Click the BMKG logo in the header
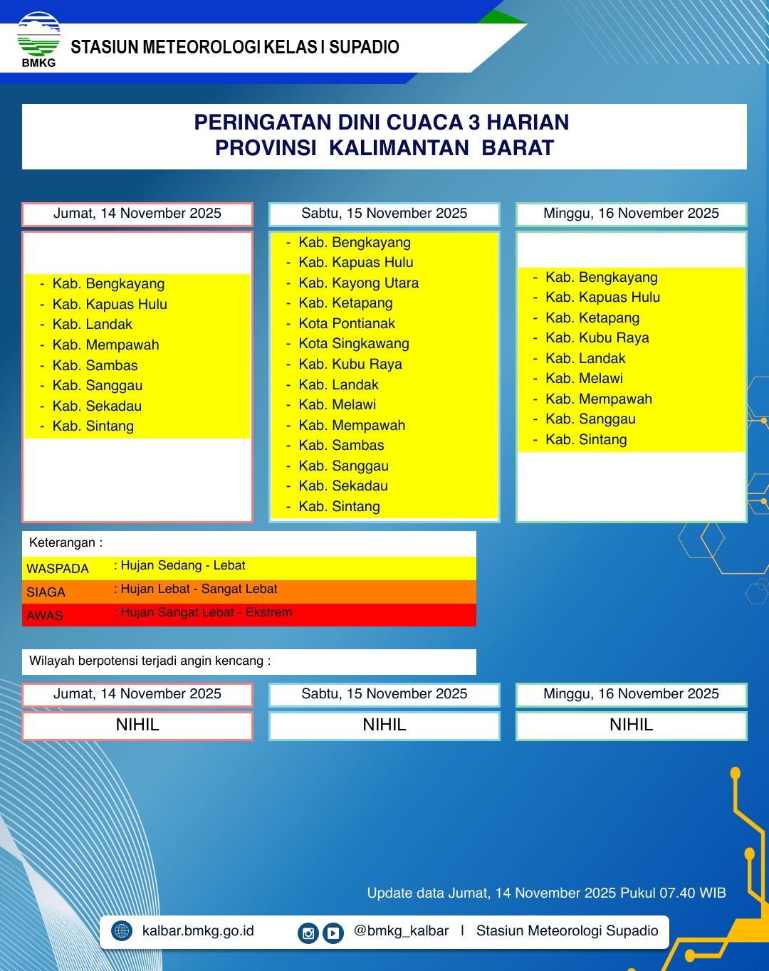click(38, 40)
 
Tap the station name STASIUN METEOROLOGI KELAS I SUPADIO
click(235, 48)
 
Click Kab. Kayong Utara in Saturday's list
click(358, 283)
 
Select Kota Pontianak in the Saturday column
click(347, 323)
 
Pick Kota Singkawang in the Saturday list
click(354, 343)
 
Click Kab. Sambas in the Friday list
click(95, 365)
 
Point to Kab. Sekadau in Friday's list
click(97, 406)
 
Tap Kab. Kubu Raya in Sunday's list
click(597, 337)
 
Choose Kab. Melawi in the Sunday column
click(584, 378)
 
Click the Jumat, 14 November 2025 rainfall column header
click(137, 214)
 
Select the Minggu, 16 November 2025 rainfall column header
click(631, 214)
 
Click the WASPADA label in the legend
click(58, 569)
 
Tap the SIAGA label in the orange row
click(46, 592)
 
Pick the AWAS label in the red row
click(45, 616)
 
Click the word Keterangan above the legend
click(62, 542)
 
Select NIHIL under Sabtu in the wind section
click(384, 725)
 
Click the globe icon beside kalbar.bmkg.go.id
click(122, 930)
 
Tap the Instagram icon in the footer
click(308, 933)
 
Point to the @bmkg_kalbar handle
click(401, 930)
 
